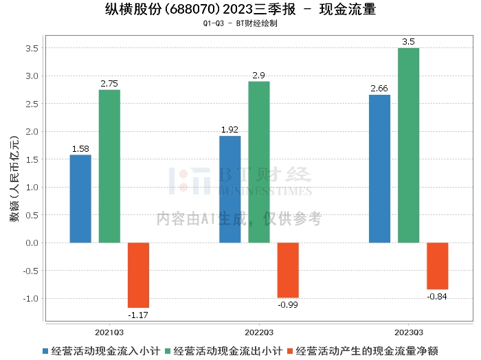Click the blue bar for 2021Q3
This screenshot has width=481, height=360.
(x=80, y=199)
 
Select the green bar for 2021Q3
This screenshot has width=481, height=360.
(x=109, y=166)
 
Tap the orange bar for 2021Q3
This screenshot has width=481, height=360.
(x=138, y=275)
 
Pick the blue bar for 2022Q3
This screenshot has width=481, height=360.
(x=230, y=189)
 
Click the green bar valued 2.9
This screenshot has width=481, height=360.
(x=259, y=162)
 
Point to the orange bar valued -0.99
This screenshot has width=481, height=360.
(x=288, y=270)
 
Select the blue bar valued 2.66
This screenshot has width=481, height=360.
(x=379, y=168)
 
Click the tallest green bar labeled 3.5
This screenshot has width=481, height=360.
(x=408, y=145)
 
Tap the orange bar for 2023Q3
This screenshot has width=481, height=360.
(x=437, y=266)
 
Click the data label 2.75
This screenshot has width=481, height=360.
(x=109, y=84)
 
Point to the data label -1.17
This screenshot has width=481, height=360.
(x=138, y=315)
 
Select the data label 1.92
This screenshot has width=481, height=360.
(x=230, y=130)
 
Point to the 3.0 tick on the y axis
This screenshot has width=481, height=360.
(x=32, y=76)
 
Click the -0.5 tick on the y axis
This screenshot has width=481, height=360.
(x=30, y=271)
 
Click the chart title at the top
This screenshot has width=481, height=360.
(x=240, y=10)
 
